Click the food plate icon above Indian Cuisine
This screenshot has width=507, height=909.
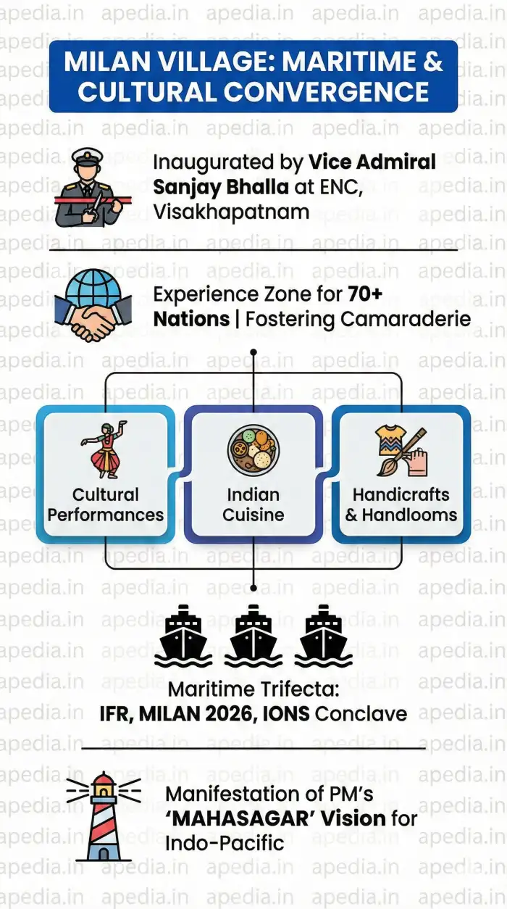(253, 449)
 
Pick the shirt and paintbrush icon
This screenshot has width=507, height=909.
(401, 449)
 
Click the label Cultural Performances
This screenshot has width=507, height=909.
(106, 505)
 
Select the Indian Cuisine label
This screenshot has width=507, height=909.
(253, 505)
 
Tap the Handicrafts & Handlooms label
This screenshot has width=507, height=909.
(401, 505)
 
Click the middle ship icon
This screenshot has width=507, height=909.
(253, 636)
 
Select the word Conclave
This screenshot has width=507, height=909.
(361, 713)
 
